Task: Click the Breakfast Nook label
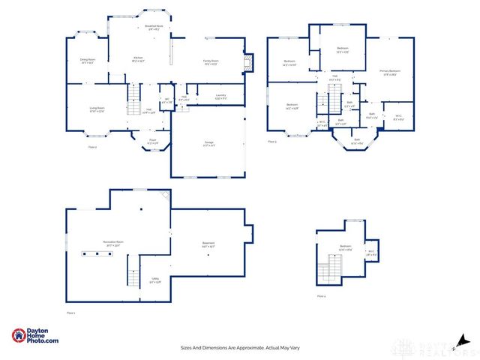click(154, 26)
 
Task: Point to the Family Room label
click(210, 62)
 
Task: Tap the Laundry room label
click(220, 96)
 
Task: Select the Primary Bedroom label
click(390, 72)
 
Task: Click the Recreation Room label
click(114, 242)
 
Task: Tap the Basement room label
click(208, 244)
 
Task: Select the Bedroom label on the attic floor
click(345, 247)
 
